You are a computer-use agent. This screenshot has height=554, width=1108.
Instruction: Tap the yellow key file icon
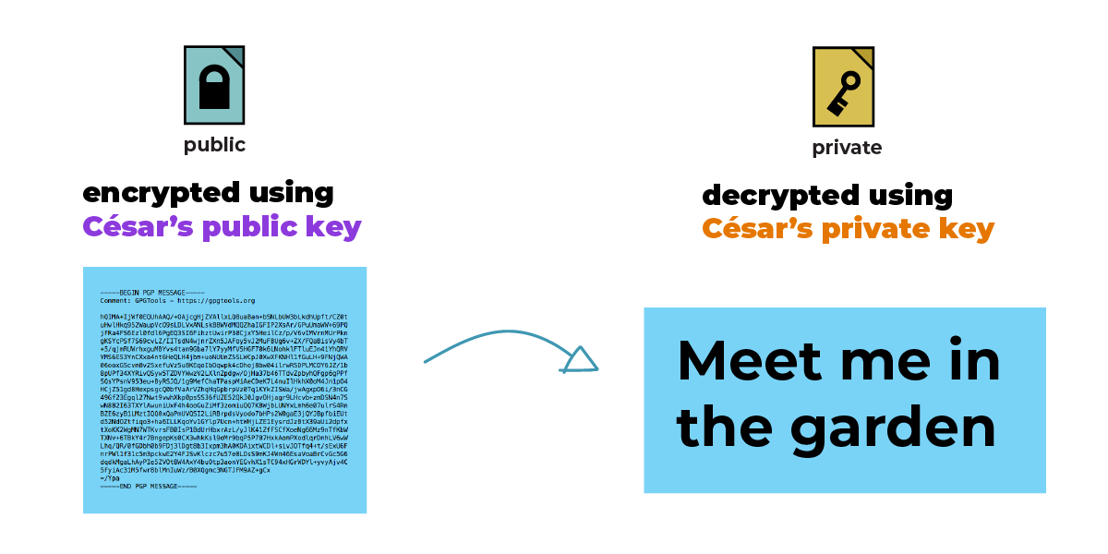pos(843,87)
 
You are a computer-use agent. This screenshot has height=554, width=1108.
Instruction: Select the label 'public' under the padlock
pos(214,145)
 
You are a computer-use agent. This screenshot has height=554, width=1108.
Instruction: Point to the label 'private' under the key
pos(847,148)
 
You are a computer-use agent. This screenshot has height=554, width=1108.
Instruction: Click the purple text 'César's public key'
pos(222,227)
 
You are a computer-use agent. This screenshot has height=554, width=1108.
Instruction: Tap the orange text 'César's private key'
pos(848,228)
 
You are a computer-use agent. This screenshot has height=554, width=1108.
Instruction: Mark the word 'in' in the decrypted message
pos(977,360)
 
